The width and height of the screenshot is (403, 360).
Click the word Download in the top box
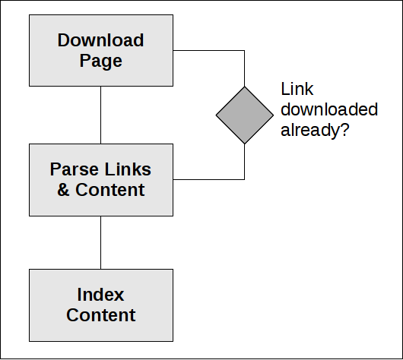pyautogui.click(x=100, y=40)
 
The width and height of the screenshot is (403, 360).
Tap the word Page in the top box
pyautogui.click(x=100, y=61)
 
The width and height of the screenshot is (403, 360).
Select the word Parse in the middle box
pyautogui.click(x=74, y=169)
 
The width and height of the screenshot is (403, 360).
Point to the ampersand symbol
pyautogui.click(x=63, y=190)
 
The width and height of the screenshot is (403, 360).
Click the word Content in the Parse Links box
pyautogui.click(x=110, y=190)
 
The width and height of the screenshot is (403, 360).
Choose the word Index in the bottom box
pyautogui.click(x=100, y=295)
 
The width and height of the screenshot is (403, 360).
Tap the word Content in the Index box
pyautogui.click(x=100, y=315)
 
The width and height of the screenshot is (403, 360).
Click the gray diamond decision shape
pyautogui.click(x=244, y=115)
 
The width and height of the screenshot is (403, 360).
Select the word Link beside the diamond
pyautogui.click(x=297, y=89)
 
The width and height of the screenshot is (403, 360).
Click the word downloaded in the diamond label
pyautogui.click(x=329, y=109)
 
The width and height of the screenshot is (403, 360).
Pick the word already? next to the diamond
pyautogui.click(x=315, y=130)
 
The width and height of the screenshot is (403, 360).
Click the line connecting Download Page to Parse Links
pyautogui.click(x=100, y=115)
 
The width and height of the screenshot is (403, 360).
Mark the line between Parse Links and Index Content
pyautogui.click(x=100, y=242)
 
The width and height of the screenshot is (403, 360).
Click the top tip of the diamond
pyautogui.click(x=244, y=87)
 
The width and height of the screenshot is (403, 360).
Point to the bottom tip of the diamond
pyautogui.click(x=244, y=144)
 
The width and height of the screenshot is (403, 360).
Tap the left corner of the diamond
pyautogui.click(x=216, y=115)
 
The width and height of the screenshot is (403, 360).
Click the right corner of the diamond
pyautogui.click(x=273, y=115)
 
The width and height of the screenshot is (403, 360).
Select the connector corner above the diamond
pyautogui.click(x=244, y=51)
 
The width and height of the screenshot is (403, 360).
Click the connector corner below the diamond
pyautogui.click(x=244, y=179)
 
